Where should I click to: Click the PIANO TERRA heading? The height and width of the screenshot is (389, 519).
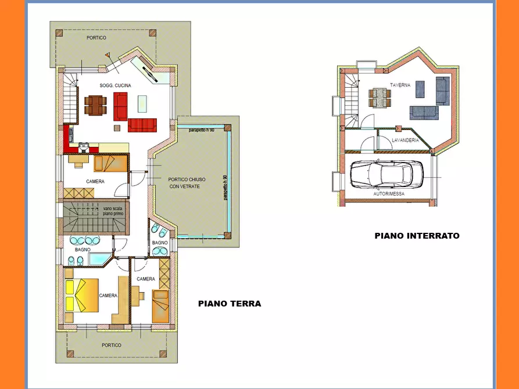click(x=230, y=304)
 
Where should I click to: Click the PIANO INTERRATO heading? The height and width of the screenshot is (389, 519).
click(x=417, y=236)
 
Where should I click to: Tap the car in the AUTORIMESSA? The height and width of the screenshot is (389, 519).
click(x=386, y=174)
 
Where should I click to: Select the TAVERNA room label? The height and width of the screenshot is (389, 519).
click(x=400, y=85)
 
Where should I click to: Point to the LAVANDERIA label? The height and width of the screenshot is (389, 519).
click(x=405, y=141)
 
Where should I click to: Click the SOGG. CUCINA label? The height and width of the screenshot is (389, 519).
click(x=115, y=85)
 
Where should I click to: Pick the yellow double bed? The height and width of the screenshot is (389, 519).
click(x=82, y=296)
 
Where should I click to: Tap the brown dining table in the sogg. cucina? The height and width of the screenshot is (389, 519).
click(x=95, y=105)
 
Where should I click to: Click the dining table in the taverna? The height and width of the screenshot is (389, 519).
click(x=380, y=98)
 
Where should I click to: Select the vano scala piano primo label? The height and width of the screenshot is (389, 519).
click(x=113, y=211)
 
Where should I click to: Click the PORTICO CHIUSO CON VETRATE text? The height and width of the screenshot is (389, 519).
click(x=187, y=183)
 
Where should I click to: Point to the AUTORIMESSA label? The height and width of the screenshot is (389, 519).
click(x=389, y=194)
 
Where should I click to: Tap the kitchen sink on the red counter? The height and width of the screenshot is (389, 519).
click(x=84, y=146)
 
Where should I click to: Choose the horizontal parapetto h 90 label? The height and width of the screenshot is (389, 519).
click(x=201, y=130)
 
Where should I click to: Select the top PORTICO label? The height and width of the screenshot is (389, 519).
click(x=96, y=38)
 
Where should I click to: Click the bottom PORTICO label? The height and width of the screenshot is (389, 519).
click(x=112, y=345)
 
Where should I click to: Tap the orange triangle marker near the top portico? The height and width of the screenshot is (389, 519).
click(x=108, y=55)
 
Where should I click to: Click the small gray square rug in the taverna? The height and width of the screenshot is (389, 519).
click(x=420, y=89)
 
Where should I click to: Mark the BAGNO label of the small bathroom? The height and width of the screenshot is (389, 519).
click(x=160, y=243)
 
